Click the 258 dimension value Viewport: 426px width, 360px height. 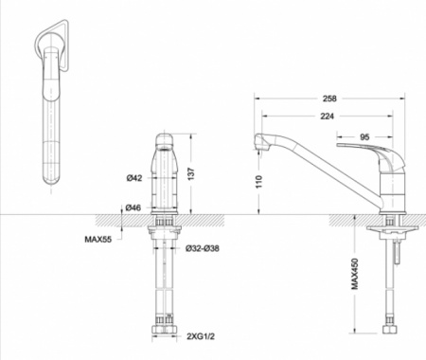tap(329, 99)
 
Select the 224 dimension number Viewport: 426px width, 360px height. tap(327, 117)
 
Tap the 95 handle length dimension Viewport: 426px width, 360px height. tap(364, 137)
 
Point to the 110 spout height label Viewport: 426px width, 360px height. tap(258, 182)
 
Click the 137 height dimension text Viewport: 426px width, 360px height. tap(191, 174)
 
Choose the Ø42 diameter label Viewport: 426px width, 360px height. tap(134, 178)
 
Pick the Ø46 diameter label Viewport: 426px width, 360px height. tap(133, 207)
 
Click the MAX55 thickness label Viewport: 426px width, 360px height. tap(98, 239)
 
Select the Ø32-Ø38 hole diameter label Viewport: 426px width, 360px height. tap(203, 248)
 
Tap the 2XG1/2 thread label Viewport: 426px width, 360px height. tap(201, 336)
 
